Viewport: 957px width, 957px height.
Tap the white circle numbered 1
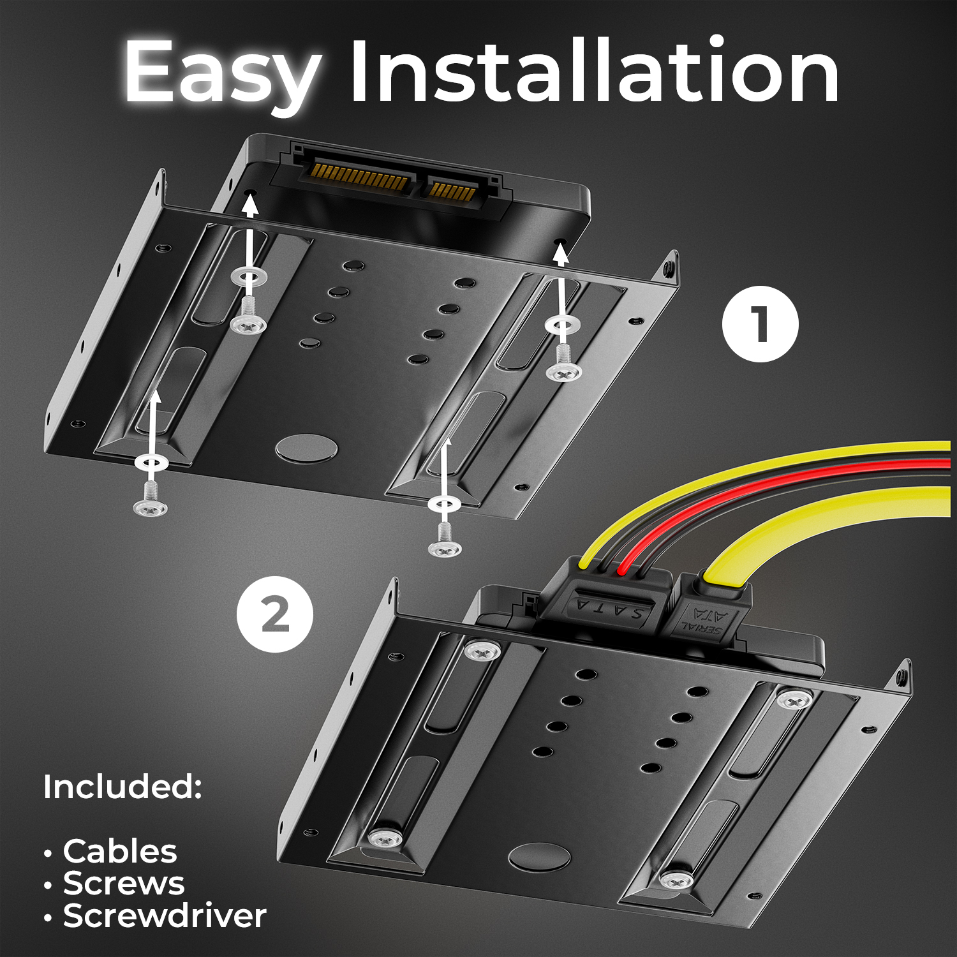tap(760, 324)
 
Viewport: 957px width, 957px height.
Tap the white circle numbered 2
tap(275, 614)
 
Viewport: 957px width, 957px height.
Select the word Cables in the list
tap(120, 851)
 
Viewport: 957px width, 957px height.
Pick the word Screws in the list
tap(124, 884)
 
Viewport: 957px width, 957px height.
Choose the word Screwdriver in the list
tap(165, 916)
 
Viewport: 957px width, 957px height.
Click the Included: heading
tap(122, 787)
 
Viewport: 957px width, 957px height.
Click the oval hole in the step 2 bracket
tap(540, 856)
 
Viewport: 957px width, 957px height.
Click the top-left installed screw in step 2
tap(482, 651)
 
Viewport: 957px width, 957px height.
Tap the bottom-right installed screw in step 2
tap(676, 880)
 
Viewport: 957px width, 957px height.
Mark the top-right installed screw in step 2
tap(794, 700)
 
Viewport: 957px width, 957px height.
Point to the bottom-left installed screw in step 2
tap(386, 838)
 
